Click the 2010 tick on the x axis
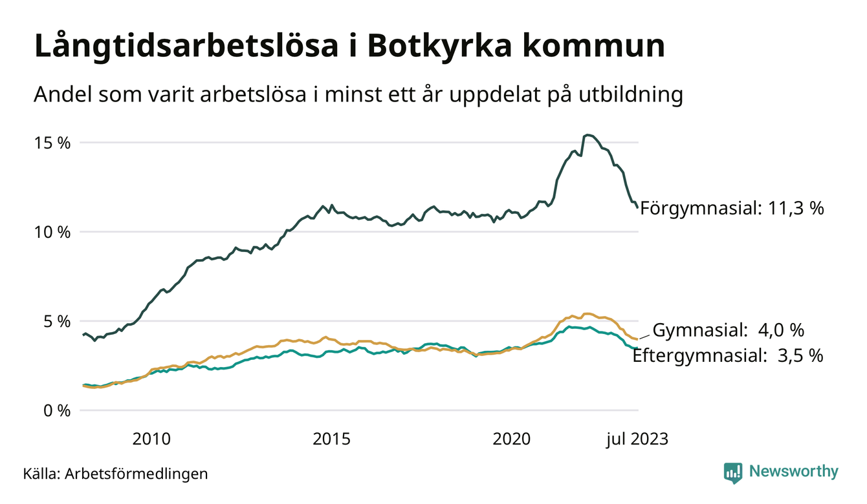click(x=151, y=440)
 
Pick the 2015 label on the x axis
click(x=332, y=440)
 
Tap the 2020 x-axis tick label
click(x=512, y=440)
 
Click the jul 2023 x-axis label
click(x=637, y=440)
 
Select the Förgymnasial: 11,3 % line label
click(x=732, y=208)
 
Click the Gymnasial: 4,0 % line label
click(x=728, y=330)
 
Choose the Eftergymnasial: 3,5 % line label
click(x=728, y=355)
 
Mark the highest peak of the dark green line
click(x=587, y=134)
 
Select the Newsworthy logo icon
click(x=733, y=472)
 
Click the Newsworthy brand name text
click(x=793, y=472)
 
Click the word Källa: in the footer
click(x=41, y=474)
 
